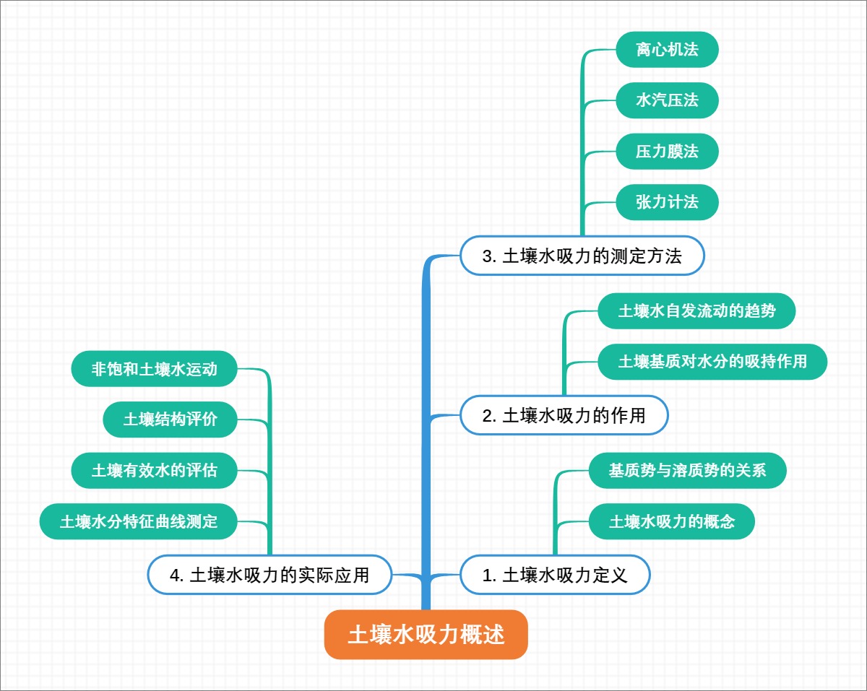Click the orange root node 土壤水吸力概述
pos(426,635)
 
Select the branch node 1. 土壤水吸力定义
pos(555,575)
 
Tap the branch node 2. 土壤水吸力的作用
pos(564,415)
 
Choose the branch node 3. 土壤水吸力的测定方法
pos(582,256)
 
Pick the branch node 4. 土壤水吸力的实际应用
pos(269,575)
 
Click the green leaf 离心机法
pos(667,50)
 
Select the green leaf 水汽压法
pos(667,100)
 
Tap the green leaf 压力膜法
pos(667,152)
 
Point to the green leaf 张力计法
pos(667,202)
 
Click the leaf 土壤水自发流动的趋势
pos(696,311)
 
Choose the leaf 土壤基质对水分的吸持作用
pos(712,362)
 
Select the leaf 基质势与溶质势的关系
pos(687,471)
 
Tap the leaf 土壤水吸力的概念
pos(671,521)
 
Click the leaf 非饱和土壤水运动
pos(155,369)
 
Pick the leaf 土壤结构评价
pos(171,420)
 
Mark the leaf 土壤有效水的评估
pos(155,471)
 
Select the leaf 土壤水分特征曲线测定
pos(139,521)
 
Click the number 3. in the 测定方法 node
pos(489,256)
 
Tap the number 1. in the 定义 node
pos(489,575)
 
